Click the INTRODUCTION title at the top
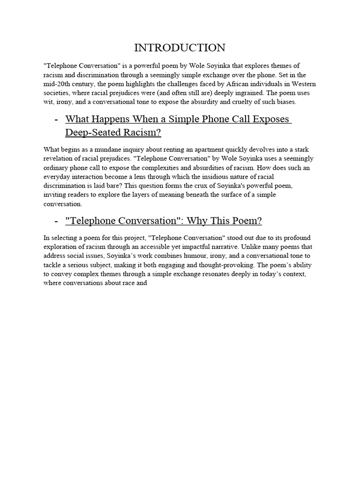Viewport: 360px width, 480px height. pos(180,48)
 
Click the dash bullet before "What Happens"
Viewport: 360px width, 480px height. pos(56,119)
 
